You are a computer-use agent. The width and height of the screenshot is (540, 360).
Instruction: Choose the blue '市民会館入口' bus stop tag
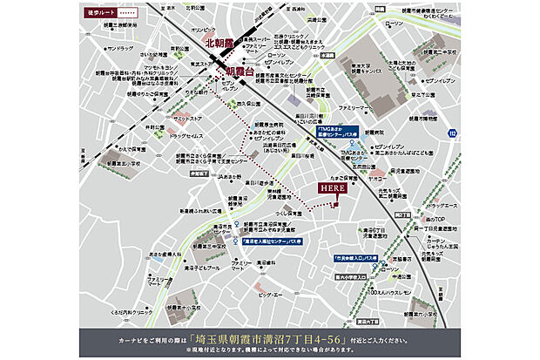pos(358,258)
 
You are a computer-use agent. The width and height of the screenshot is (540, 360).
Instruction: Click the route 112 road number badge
pos(451,132)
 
